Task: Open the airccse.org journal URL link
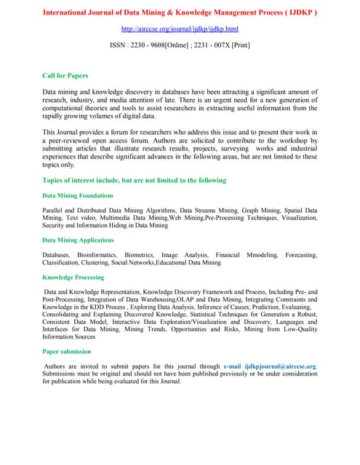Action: click(x=180, y=28)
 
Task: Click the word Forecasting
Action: click(x=301, y=255)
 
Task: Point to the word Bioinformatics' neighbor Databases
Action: click(x=56, y=255)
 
